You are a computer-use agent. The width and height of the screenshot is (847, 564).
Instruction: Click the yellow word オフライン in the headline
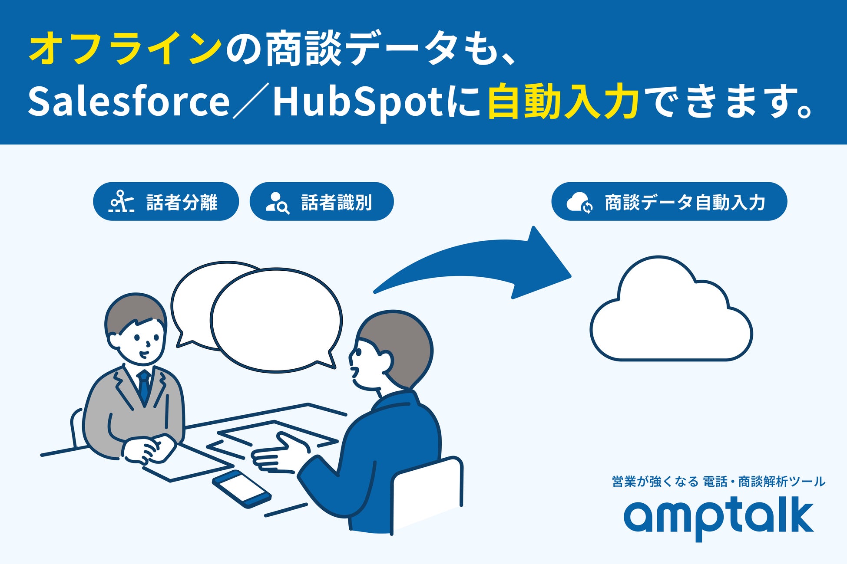coord(125,48)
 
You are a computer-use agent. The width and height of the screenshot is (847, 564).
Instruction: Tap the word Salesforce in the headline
coord(129,102)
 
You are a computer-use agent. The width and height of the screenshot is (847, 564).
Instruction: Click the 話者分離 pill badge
coord(166,201)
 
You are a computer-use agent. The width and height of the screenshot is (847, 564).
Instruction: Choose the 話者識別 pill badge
coord(321,201)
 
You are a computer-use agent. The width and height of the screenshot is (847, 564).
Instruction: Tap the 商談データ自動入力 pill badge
coord(669,201)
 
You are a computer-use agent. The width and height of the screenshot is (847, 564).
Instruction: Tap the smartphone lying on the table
coord(242,489)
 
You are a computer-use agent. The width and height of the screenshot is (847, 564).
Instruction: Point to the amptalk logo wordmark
coord(719,518)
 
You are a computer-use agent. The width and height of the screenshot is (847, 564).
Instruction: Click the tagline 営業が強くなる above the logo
coord(655,482)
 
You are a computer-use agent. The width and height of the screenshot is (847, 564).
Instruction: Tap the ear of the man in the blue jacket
coord(385,361)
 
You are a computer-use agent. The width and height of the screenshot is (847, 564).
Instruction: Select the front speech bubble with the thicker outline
coord(276,320)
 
